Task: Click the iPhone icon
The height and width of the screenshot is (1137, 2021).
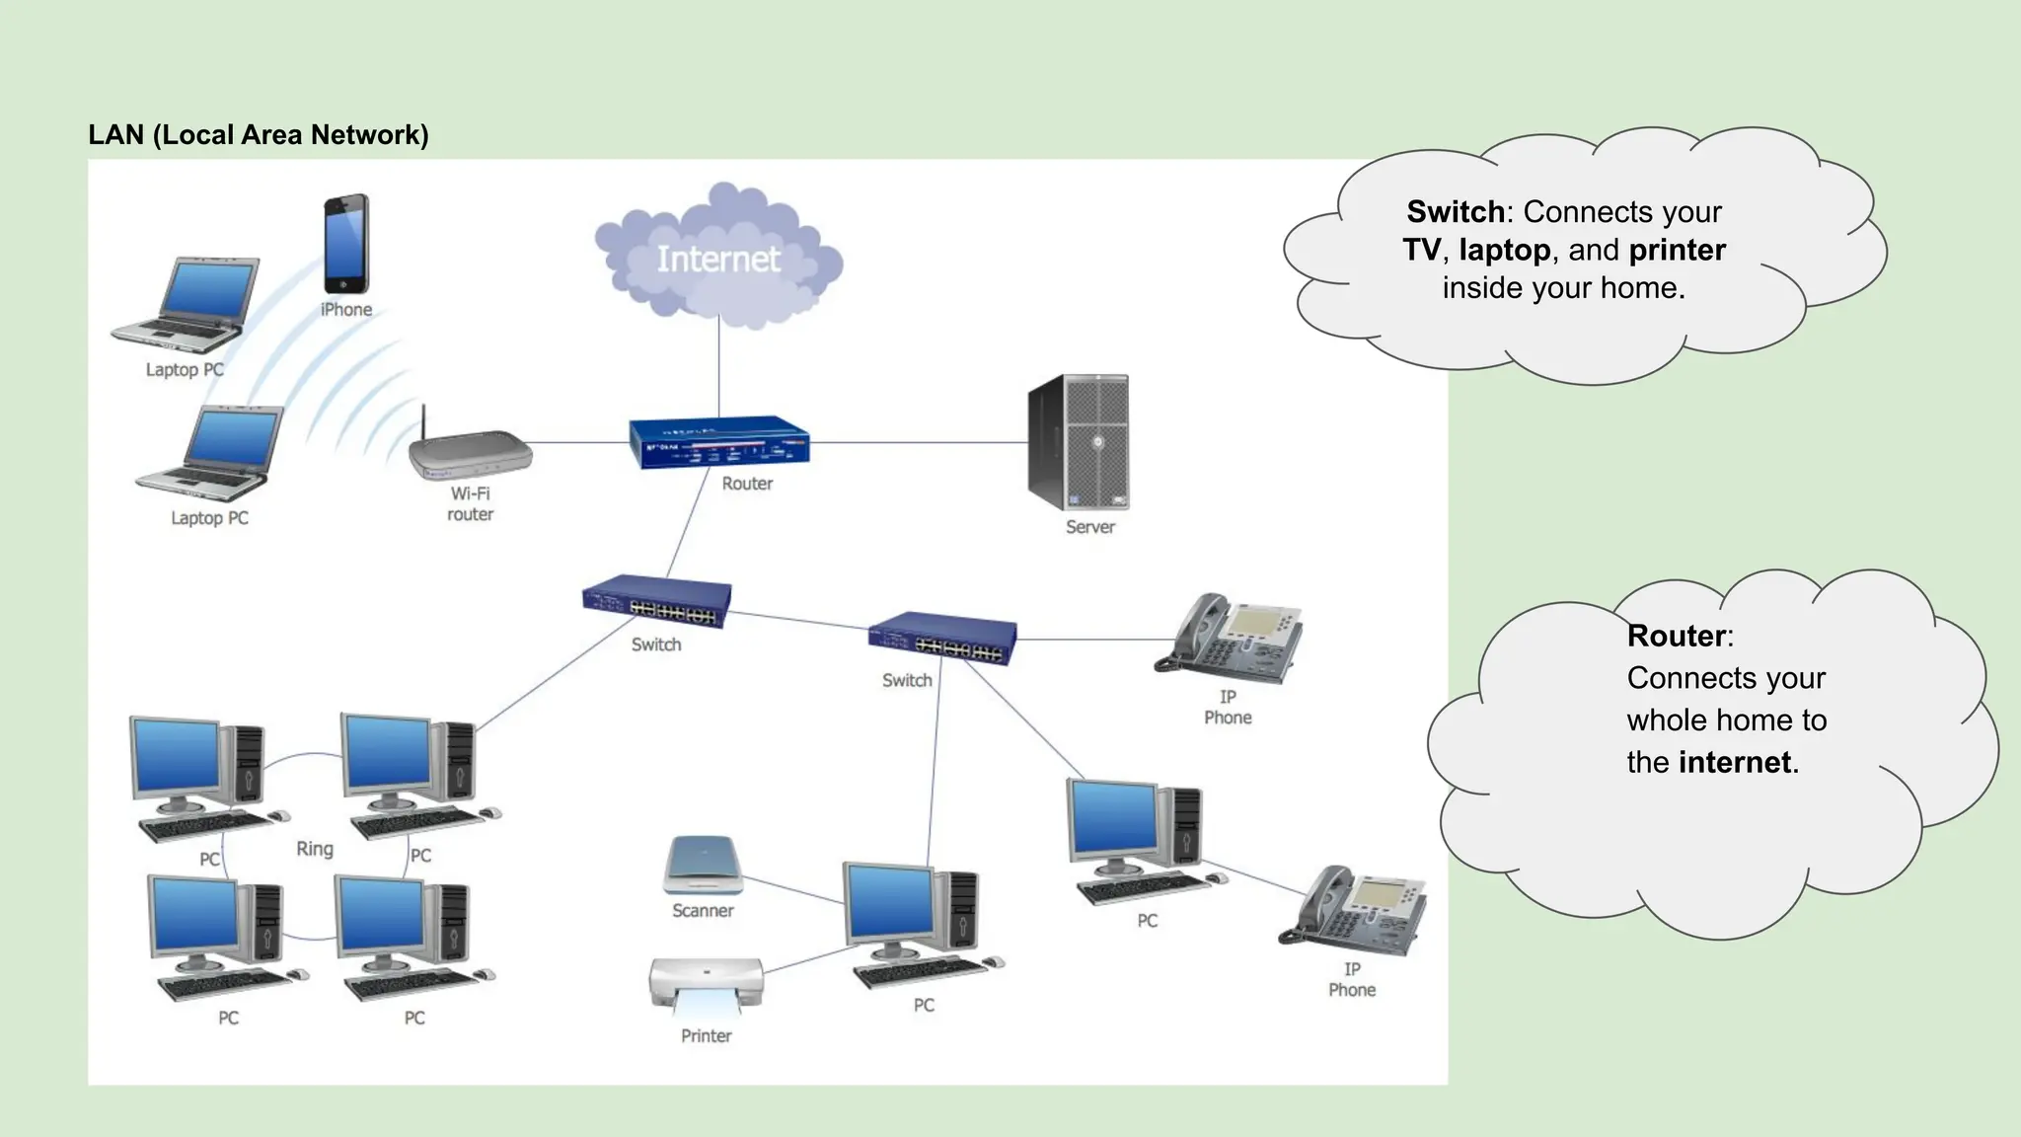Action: pos(346,243)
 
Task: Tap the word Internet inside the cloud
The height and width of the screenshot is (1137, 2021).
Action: pos(718,259)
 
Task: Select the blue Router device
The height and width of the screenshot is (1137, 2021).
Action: pos(719,443)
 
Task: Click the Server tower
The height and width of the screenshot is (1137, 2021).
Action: pos(1079,442)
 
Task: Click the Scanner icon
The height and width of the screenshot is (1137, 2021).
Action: pos(702,865)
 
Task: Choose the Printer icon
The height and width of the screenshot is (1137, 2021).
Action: pos(706,985)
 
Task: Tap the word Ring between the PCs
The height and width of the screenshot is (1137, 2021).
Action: pos(315,849)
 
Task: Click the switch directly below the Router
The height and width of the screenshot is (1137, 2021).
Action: pos(657,601)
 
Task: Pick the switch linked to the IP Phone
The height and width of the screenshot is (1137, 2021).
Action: pos(942,639)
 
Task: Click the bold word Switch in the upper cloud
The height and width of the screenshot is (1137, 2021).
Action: pos(1456,212)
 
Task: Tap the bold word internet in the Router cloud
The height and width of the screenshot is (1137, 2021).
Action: pos(1735,763)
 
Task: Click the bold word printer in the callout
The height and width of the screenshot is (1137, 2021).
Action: pos(1677,250)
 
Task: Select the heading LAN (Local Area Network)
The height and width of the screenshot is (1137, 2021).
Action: pos(259,135)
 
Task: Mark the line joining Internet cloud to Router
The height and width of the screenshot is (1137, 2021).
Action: pos(718,370)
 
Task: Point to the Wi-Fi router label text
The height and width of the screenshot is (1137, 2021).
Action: pos(470,503)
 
